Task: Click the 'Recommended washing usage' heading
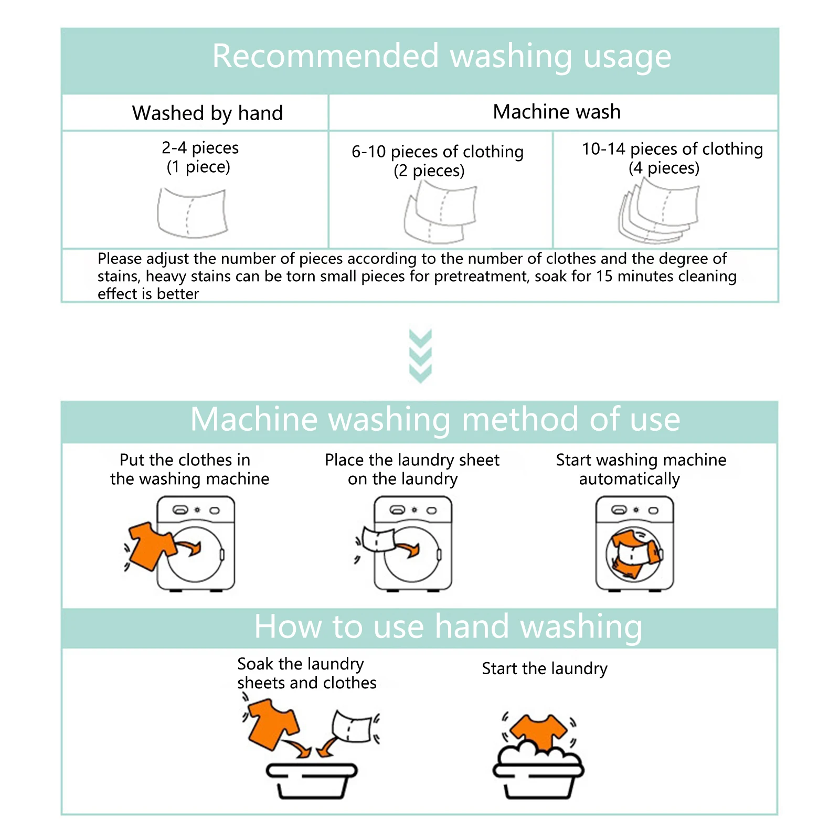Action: (441, 56)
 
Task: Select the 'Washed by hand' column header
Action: (207, 113)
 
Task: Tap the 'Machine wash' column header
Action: (556, 112)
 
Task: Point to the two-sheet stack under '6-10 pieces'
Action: (440, 212)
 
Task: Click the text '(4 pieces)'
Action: (664, 168)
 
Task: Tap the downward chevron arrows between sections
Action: (420, 355)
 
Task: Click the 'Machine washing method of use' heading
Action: (435, 419)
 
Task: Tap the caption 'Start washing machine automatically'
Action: (641, 469)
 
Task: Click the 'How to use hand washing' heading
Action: (448, 626)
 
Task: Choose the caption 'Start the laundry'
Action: (544, 668)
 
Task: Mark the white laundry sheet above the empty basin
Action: (352, 727)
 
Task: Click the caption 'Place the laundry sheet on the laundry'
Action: (411, 469)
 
